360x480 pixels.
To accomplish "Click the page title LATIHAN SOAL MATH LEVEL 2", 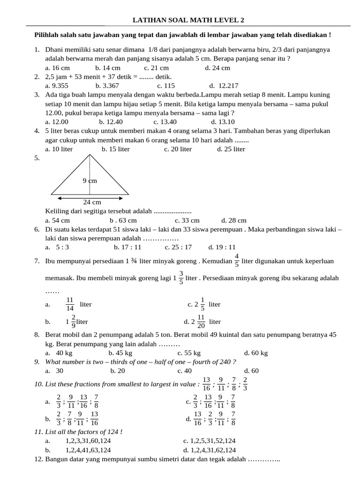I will (188, 20).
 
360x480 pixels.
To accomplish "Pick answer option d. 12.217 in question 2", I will (224, 85).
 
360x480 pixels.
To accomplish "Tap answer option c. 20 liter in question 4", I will (178, 149).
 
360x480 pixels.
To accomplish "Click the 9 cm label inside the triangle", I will (90, 180).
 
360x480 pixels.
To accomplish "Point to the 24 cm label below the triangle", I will (92, 202).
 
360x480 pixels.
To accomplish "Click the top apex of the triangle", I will (90, 155).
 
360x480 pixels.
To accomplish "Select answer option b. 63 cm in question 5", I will (123, 220).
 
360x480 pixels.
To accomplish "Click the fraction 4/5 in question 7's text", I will (236, 260).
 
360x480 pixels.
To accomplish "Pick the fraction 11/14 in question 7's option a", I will (70, 304).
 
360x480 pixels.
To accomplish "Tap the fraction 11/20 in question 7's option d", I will (201, 322).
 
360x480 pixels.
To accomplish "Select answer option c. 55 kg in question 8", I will (189, 352).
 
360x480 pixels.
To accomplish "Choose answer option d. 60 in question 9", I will (251, 370).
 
